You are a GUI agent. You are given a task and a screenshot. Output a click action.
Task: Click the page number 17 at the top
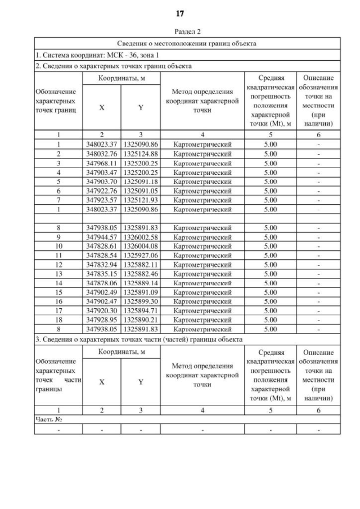coord(180,13)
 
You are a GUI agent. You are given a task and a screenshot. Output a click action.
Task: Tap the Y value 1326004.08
coord(141,246)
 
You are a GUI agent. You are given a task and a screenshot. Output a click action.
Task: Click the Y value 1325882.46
coord(141,274)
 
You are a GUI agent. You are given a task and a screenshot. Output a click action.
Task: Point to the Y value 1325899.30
coord(141,301)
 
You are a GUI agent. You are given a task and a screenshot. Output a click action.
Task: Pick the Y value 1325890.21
coord(141,319)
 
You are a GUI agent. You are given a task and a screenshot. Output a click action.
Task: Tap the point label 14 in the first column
coord(58,283)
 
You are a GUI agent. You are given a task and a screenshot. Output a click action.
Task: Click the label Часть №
coord(48,420)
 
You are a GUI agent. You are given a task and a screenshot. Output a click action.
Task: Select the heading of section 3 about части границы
coord(139,339)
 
